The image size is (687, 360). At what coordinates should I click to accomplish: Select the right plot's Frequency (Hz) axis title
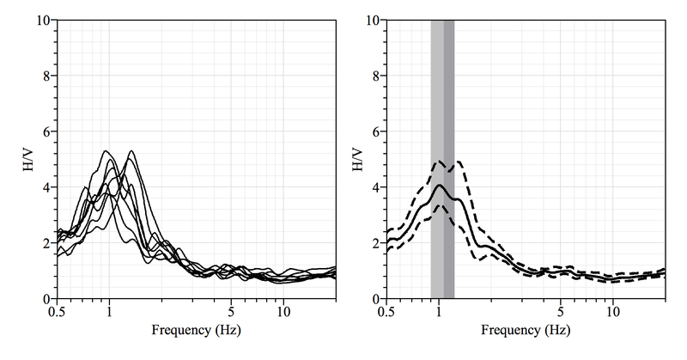pos(526,330)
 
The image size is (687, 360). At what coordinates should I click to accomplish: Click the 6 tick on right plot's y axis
pos(375,131)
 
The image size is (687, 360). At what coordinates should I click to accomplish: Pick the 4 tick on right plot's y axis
pos(375,187)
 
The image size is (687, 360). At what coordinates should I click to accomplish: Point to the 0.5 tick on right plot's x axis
pos(386,311)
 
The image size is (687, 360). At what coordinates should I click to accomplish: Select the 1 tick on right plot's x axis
pos(439,311)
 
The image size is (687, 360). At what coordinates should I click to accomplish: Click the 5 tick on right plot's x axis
pos(561,311)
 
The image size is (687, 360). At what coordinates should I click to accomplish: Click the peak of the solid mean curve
pos(440,185)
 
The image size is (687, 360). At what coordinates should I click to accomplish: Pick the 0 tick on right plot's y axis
pos(375,298)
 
